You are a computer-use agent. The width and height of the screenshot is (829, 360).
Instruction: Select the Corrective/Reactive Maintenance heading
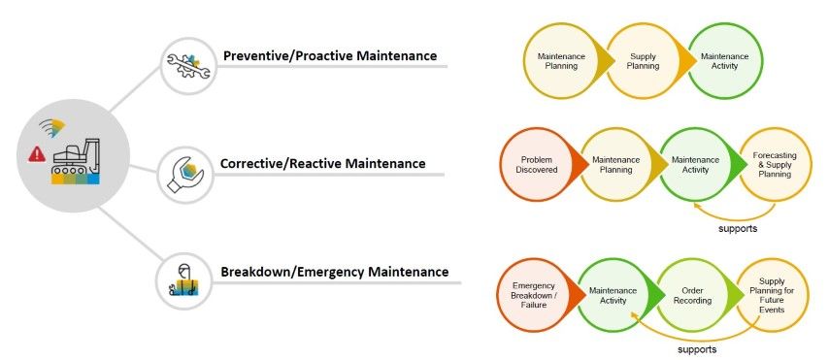pyautogui.click(x=322, y=163)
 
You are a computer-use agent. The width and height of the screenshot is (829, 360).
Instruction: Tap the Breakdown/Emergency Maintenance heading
pyautogui.click(x=334, y=272)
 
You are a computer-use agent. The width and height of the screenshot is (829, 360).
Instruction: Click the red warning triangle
pyautogui.click(x=37, y=153)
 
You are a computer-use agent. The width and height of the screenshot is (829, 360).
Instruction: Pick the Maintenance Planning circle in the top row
pyautogui.click(x=561, y=62)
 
